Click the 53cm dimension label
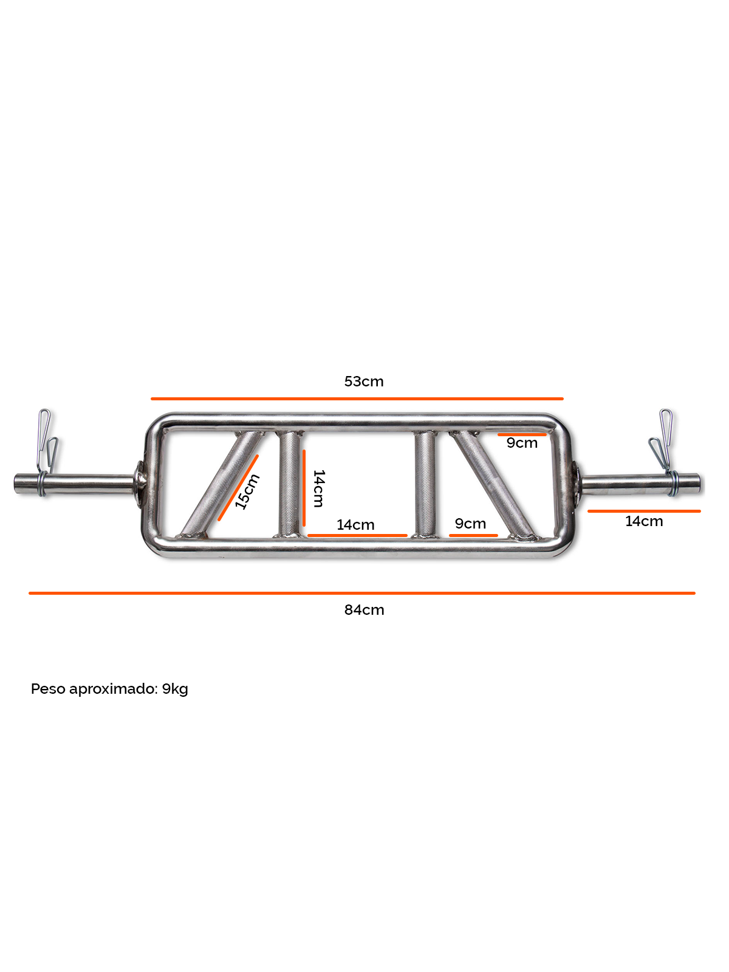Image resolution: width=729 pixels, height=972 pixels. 364,382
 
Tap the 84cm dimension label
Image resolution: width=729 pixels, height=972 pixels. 364,610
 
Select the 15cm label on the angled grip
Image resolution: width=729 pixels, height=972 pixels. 247,491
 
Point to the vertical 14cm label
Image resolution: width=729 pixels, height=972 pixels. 319,488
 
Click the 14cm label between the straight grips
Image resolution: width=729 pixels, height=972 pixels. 355,525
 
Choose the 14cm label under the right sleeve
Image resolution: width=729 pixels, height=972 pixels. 644,521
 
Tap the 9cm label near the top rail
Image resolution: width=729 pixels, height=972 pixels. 522,443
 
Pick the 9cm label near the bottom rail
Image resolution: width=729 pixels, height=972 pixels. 470,524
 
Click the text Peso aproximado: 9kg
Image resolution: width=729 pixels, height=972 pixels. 109,689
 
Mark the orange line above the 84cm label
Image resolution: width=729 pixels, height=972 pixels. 362,593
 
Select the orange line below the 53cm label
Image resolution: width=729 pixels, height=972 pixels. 357,399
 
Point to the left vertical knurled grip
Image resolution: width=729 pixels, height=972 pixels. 290,484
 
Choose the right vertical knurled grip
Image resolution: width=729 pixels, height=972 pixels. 425,484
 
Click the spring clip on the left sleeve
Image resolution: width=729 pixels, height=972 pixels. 46,452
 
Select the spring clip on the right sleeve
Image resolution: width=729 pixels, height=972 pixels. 665,452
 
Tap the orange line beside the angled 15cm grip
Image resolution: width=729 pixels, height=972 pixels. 238,488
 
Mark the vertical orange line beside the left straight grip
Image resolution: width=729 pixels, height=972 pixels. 304,488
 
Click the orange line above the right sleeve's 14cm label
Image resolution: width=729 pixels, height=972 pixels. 644,511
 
